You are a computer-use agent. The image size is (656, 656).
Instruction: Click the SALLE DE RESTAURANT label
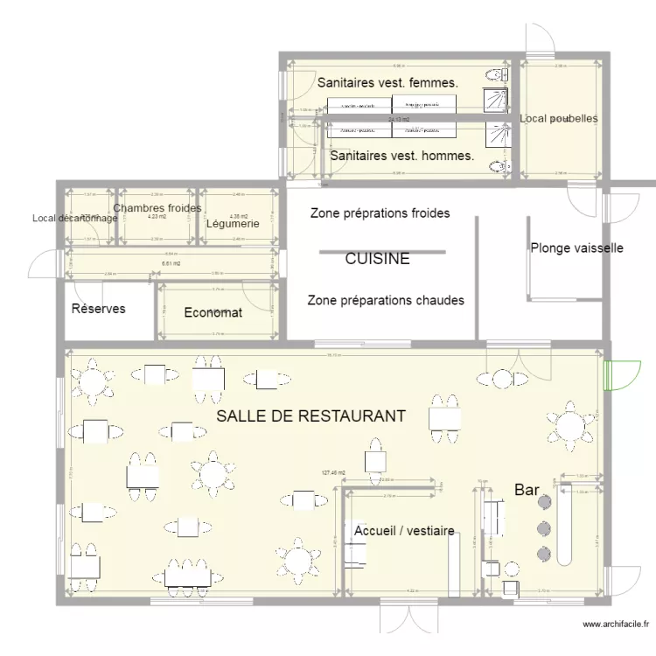tap(311, 416)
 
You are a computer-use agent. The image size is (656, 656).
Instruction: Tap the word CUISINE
tap(377, 259)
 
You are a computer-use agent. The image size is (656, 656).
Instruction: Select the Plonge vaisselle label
tap(576, 248)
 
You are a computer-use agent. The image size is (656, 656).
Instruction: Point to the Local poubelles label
tap(559, 118)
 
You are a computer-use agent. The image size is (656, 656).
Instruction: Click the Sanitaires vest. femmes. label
tap(387, 83)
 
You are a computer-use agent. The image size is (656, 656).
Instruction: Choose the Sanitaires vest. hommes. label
tap(402, 157)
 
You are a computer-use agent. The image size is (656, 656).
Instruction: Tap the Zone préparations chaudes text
tap(386, 300)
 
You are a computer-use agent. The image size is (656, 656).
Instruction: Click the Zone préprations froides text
tap(380, 213)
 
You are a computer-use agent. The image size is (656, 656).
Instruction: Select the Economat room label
tap(213, 312)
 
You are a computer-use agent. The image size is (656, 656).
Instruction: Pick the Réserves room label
tap(98, 309)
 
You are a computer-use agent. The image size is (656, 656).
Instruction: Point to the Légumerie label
tap(232, 224)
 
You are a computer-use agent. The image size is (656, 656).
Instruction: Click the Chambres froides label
tap(157, 208)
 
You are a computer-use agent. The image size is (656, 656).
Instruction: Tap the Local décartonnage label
tap(73, 219)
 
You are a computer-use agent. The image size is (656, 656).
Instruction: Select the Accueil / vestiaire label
tap(404, 530)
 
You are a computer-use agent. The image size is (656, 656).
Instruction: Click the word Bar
tap(527, 490)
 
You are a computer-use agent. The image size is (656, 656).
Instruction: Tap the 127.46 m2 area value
tap(334, 473)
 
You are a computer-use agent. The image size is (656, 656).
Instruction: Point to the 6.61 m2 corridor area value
tap(171, 263)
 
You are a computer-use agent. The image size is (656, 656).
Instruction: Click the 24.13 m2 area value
tap(400, 120)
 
